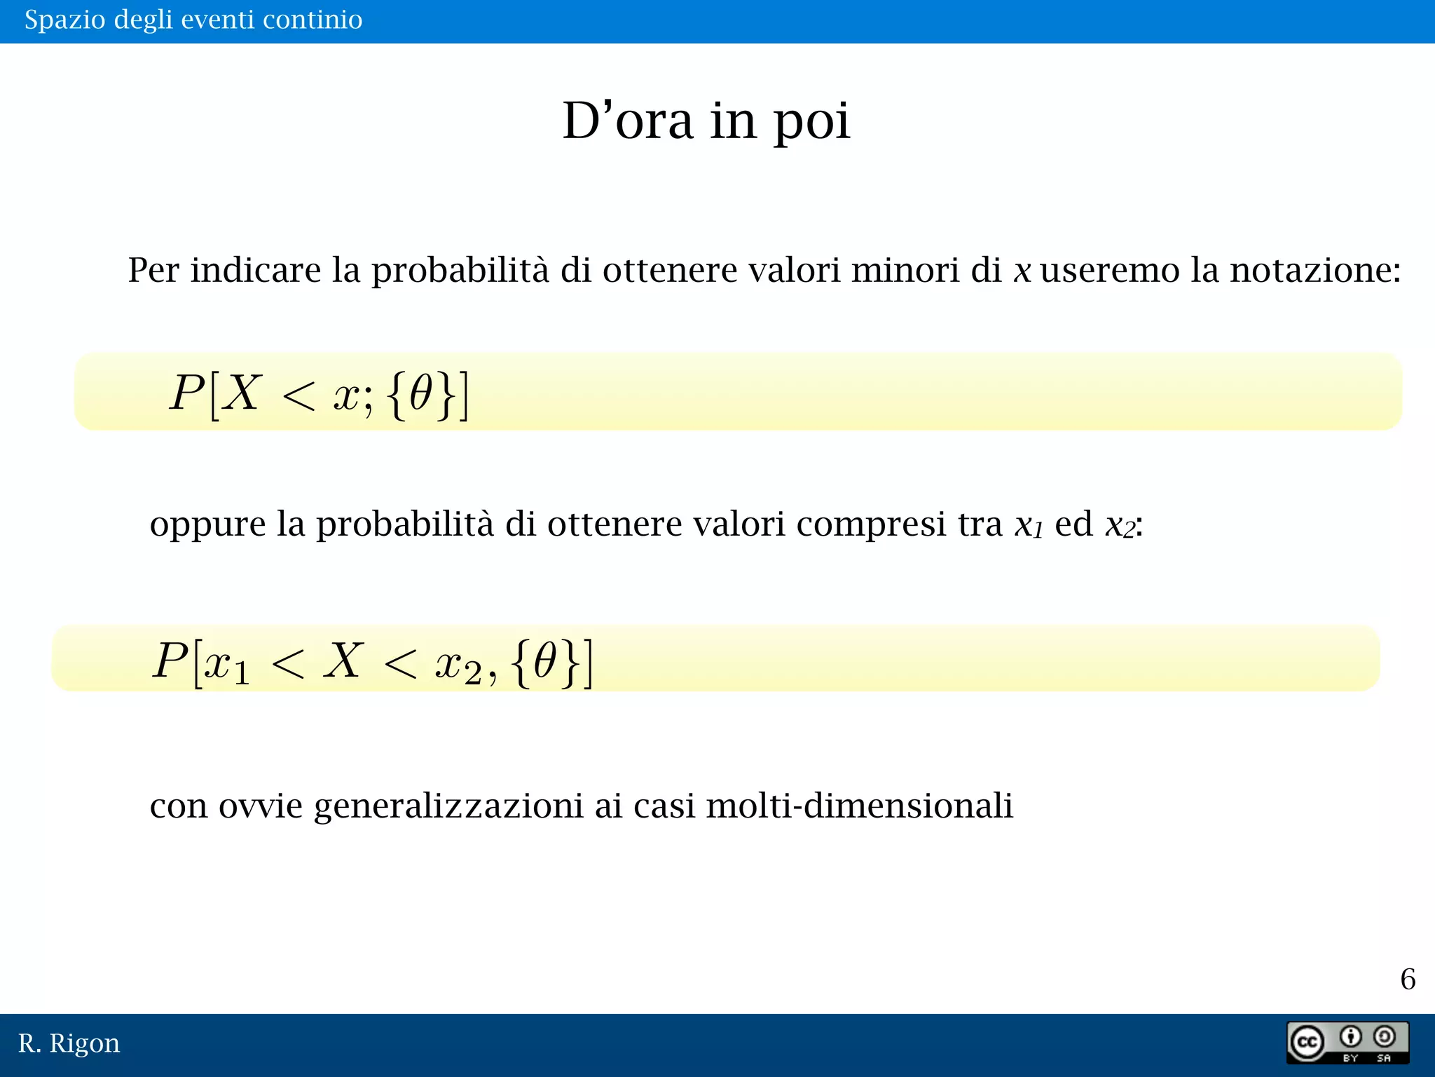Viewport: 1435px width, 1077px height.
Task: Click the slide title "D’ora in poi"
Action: click(706, 121)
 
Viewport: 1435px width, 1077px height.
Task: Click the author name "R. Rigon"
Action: click(69, 1043)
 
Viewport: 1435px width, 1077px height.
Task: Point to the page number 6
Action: click(1408, 979)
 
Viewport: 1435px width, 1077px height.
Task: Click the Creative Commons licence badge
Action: click(1347, 1043)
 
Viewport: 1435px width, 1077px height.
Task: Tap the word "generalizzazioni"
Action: click(448, 806)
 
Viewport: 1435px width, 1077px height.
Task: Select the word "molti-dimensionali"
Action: click(859, 805)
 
